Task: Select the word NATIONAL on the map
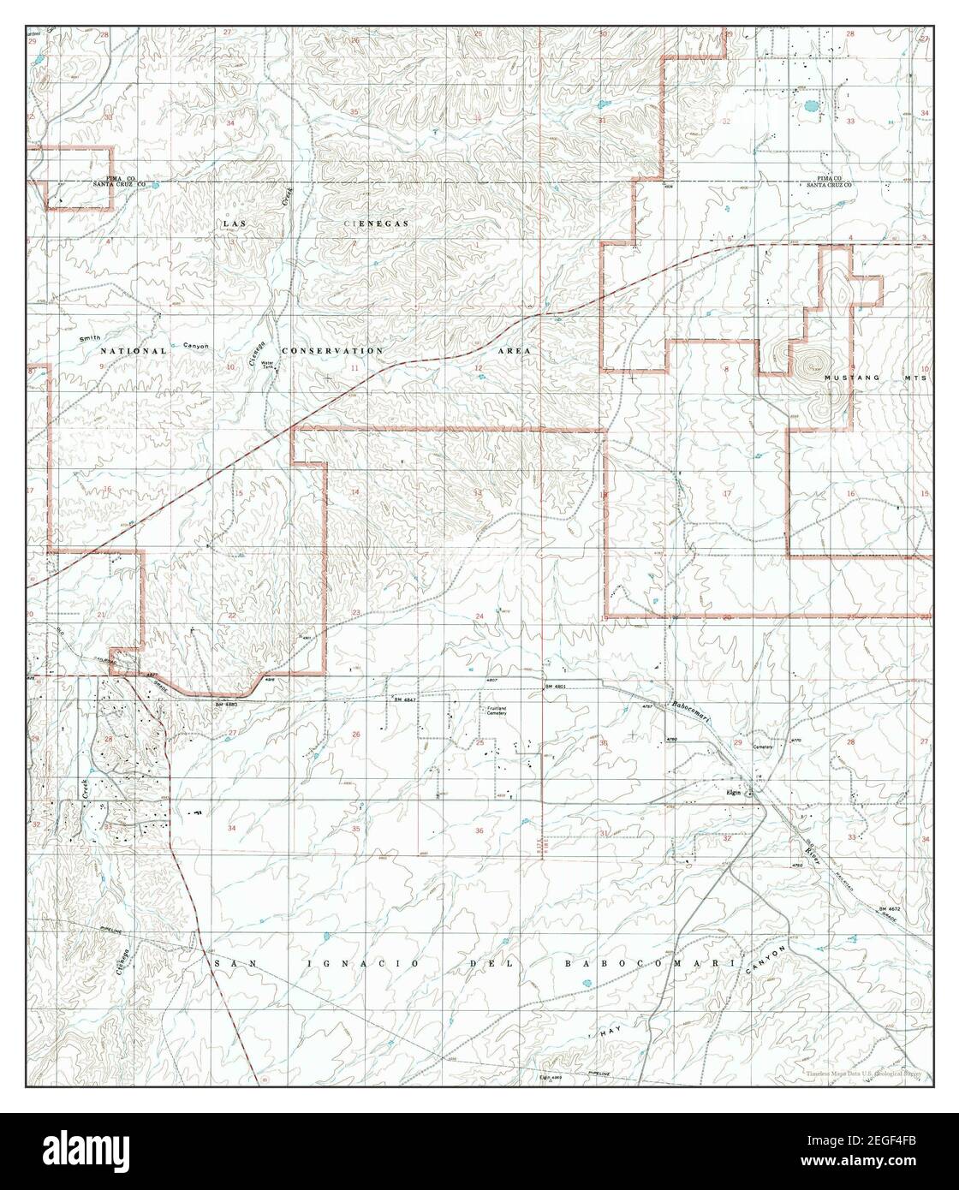point(132,351)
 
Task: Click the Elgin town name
point(732,792)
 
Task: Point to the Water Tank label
point(266,365)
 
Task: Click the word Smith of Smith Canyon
point(90,339)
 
